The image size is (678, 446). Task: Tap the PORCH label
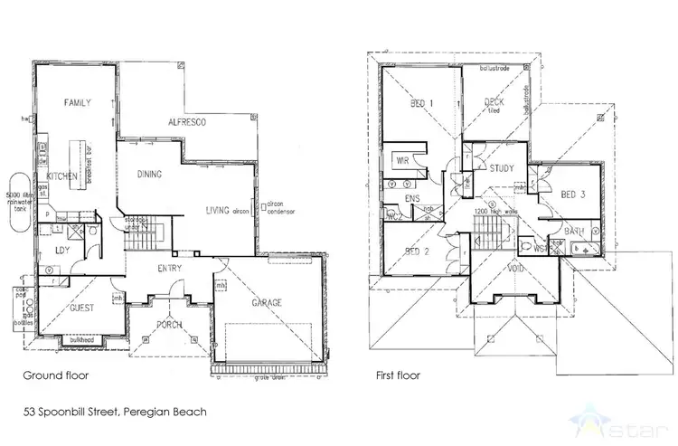(168, 324)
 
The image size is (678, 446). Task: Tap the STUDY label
(502, 169)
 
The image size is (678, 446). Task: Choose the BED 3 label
(573, 195)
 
